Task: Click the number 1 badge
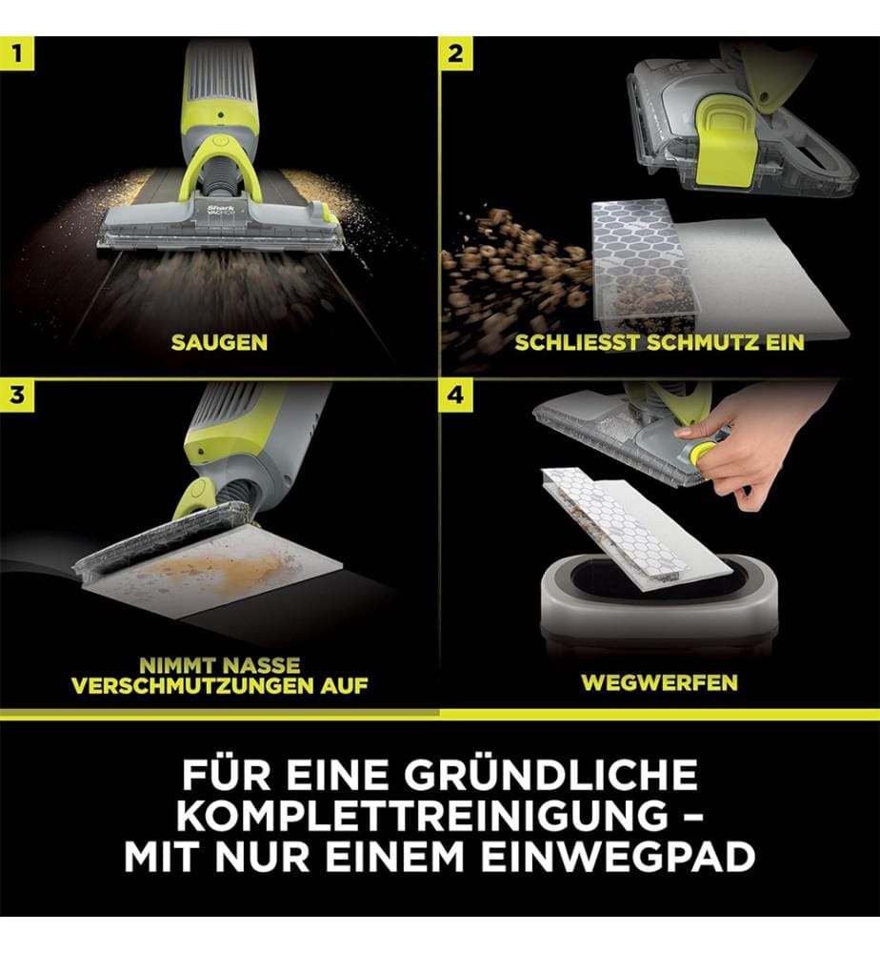[x=17, y=53]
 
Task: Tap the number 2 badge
[x=456, y=53]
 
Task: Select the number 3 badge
[x=17, y=395]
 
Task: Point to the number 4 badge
[x=456, y=395]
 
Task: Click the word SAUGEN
[x=219, y=343]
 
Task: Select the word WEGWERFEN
[x=660, y=682]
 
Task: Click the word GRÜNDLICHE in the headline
[x=550, y=774]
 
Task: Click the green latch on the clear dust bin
[x=725, y=142]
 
